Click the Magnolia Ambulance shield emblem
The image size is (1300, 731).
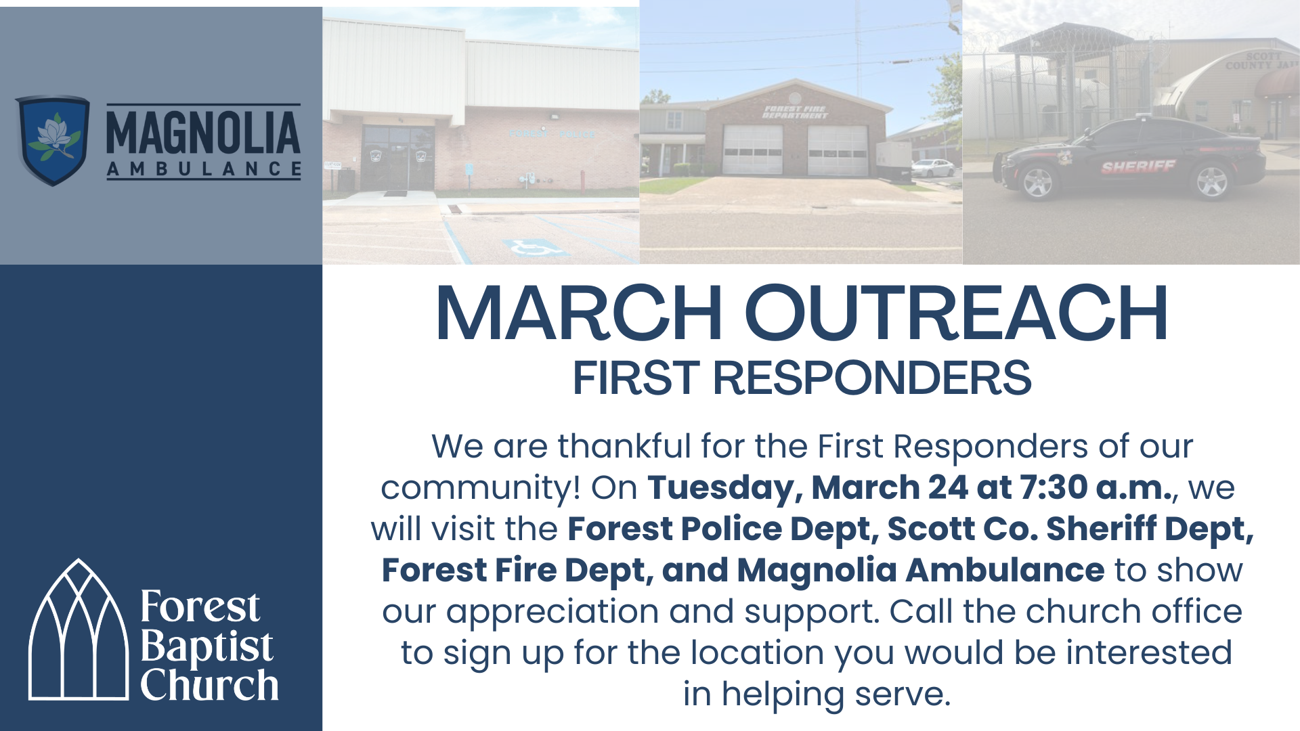[53, 139]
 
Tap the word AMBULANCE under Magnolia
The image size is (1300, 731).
[203, 169]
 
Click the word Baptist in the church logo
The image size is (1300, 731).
[207, 646]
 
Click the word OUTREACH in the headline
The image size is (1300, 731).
[956, 313]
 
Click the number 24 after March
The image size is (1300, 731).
[948, 487]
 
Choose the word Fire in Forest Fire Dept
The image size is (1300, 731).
[525, 570]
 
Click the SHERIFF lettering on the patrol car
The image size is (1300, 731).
[1138, 167]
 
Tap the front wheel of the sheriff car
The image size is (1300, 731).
[1037, 181]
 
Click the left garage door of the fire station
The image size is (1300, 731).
[752, 150]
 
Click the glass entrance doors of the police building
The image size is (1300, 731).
[398, 159]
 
